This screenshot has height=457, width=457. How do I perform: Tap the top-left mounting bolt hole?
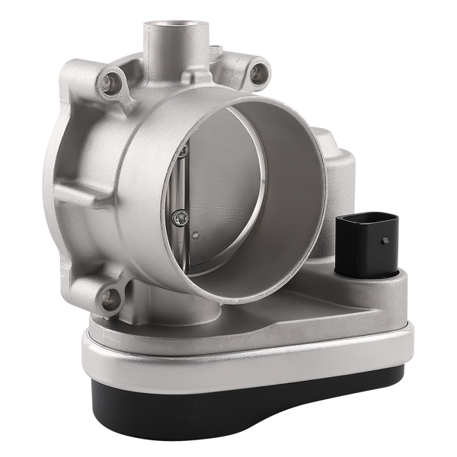pos(111,81)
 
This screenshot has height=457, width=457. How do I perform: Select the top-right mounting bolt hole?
pos(259,73)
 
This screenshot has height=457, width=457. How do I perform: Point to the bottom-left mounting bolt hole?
pos(111,298)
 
